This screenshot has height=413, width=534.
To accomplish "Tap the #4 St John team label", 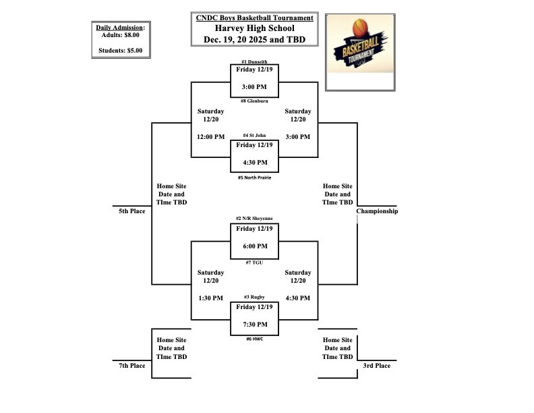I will point(254,136).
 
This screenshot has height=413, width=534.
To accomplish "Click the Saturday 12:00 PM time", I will point(210,137).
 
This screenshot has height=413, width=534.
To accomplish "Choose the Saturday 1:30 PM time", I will point(210,298).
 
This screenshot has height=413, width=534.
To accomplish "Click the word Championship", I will point(377,211).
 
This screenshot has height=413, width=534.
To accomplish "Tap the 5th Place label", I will point(132,211).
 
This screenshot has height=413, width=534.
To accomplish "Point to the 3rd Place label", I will point(377,366).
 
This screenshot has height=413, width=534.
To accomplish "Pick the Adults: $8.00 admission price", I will point(121,34).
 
